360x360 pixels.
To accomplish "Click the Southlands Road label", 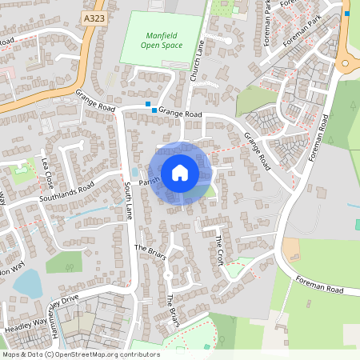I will tap(67, 190).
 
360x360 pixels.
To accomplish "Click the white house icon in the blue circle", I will tap(180, 173).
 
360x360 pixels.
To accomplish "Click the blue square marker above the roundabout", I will tap(347, 13).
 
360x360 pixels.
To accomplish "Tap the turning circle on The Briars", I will tap(168, 273).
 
